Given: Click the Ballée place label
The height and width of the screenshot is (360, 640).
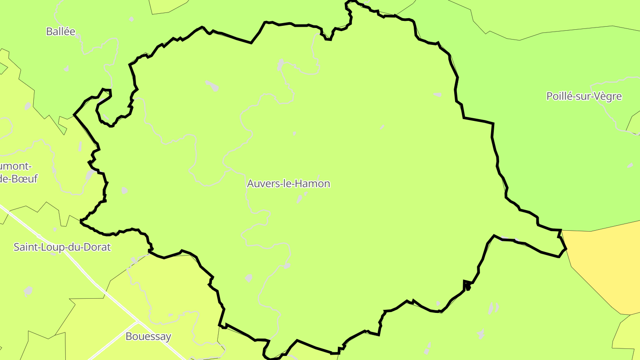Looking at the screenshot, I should point(61,32).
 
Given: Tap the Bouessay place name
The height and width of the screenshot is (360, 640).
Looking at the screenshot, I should point(148,336).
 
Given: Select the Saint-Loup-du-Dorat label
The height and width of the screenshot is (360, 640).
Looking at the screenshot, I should point(62,247).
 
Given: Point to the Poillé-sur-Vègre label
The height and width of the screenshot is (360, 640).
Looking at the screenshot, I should point(584,96).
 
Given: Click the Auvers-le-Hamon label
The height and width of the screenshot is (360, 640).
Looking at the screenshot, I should point(289,184).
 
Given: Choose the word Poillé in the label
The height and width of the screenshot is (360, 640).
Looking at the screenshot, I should point(559,96).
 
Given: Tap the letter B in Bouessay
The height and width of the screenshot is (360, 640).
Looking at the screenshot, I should point(129,336).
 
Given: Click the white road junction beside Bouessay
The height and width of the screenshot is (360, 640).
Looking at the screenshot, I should point(138,322).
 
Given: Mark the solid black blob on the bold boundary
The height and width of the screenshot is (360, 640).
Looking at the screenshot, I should point(468,288).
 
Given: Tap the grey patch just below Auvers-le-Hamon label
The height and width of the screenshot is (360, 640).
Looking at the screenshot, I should point(300,200).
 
